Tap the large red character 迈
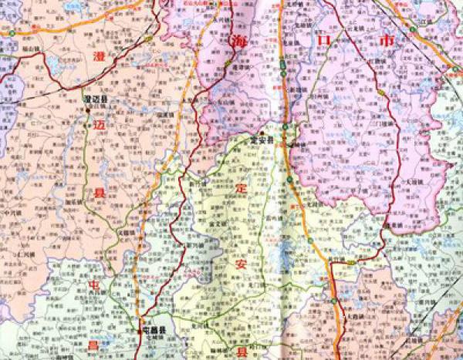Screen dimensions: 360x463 (99, 124)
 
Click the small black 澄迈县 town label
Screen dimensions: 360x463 (100, 97)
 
